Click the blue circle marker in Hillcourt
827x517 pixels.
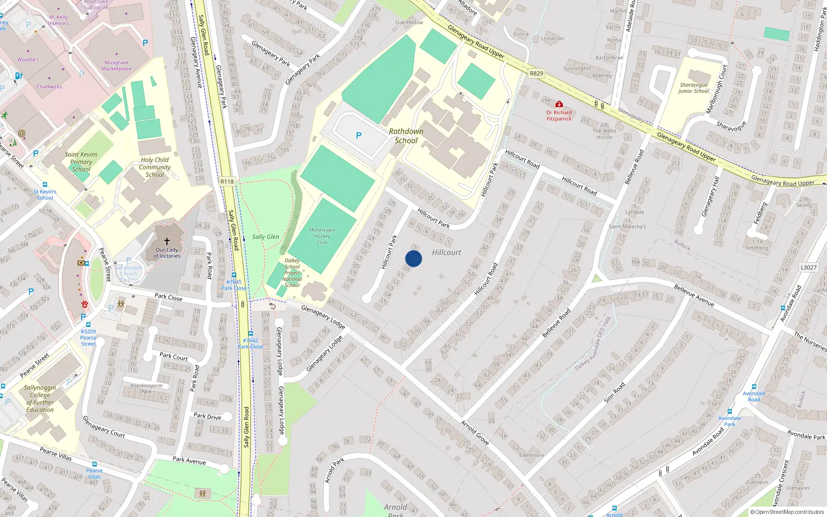(413, 258)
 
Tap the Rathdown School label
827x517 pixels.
(406, 136)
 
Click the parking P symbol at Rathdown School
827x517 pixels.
(359, 135)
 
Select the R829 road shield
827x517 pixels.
(537, 73)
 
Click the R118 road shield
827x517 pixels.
(227, 181)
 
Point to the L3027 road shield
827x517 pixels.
(808, 267)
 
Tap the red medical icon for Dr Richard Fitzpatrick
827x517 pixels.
(559, 104)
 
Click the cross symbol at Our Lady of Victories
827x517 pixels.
(167, 241)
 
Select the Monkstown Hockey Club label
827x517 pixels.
(322, 236)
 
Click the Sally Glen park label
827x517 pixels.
(266, 237)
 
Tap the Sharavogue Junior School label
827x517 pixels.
(694, 88)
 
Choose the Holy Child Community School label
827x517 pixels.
(155, 168)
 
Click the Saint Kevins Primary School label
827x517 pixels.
(81, 162)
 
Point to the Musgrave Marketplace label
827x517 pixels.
(116, 66)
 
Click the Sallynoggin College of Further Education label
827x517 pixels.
(40, 399)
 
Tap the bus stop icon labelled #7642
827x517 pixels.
(251, 333)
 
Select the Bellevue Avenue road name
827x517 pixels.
(694, 296)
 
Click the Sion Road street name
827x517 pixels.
(614, 392)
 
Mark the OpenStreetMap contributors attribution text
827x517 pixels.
(787, 512)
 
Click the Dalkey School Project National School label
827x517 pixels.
(292, 273)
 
